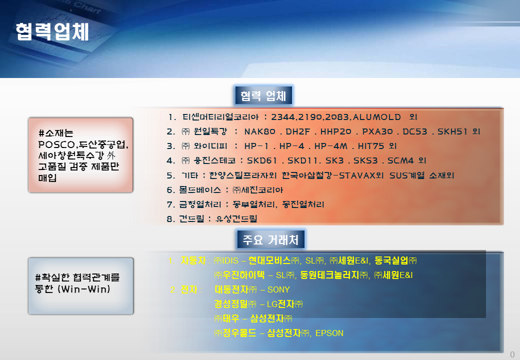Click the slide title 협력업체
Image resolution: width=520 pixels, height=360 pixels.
(52, 32)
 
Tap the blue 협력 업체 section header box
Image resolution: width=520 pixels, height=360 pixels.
(263, 95)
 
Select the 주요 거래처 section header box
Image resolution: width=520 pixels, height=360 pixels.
(271, 239)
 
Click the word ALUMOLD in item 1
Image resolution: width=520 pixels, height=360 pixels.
(376, 117)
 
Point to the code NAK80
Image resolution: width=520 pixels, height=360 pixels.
(259, 131)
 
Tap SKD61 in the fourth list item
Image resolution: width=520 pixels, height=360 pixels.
(262, 161)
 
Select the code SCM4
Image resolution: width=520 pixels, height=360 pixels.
(400, 161)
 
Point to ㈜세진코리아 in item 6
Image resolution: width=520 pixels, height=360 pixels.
(257, 190)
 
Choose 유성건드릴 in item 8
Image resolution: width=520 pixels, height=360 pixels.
(236, 219)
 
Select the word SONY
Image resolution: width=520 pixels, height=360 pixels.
(278, 289)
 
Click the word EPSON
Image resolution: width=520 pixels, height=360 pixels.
(329, 333)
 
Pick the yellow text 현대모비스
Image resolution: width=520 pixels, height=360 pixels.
(269, 260)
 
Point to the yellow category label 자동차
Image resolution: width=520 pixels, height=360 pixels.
(193, 260)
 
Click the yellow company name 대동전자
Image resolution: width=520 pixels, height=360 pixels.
(231, 289)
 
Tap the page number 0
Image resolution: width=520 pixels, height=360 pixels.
(512, 354)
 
